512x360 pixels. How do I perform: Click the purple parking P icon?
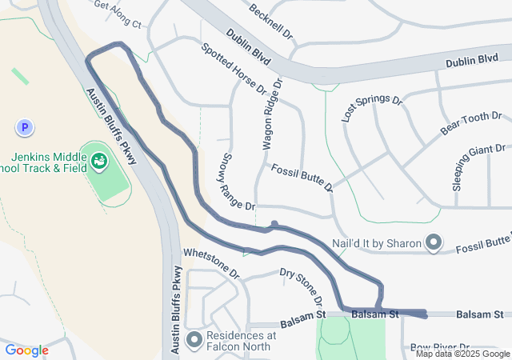[25, 127]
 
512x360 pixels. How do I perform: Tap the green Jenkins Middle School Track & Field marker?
[99, 162]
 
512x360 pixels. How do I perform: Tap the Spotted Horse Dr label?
[234, 70]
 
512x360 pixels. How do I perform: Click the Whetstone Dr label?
[211, 262]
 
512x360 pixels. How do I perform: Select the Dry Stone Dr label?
[302, 286]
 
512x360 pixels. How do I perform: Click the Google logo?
[27, 350]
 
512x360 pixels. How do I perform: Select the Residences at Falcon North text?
[241, 341]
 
